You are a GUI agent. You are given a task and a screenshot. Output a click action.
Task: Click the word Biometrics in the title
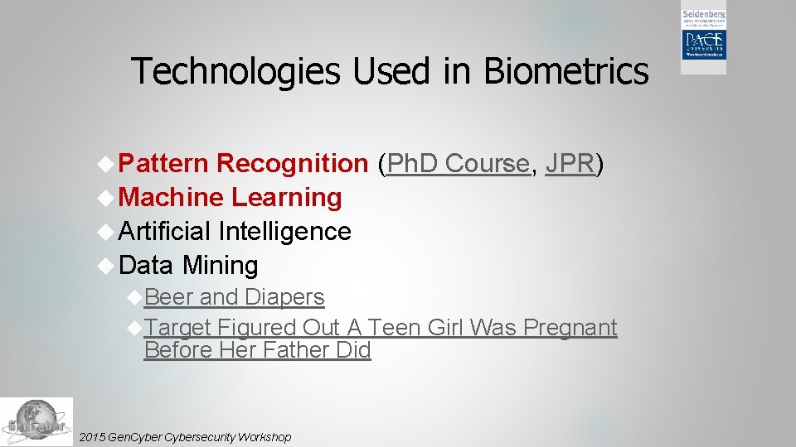coord(565,71)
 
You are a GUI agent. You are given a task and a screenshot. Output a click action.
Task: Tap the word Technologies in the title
coord(235,71)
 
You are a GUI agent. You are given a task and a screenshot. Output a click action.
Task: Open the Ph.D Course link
coord(458,164)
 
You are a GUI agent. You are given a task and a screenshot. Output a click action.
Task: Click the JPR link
coord(570,164)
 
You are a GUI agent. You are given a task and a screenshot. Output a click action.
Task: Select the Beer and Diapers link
coord(234,296)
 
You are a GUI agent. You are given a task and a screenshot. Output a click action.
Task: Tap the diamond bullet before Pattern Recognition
coord(105,164)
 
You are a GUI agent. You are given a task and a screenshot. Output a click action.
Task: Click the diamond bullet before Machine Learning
coord(105,197)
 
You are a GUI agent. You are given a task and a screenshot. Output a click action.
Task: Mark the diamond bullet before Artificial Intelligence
coord(105,231)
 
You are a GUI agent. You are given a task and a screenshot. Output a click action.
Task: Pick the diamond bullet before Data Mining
coord(105,265)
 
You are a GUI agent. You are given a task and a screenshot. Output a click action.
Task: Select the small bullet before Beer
coord(134,296)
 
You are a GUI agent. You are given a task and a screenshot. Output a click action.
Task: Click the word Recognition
coord(292,164)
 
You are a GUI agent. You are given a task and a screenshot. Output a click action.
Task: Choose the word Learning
coord(287,198)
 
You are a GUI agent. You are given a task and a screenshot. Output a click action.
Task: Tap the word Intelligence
coord(284,231)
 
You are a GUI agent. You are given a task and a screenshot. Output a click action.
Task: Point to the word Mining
coord(220,266)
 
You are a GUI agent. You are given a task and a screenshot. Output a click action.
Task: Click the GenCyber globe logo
coord(36,422)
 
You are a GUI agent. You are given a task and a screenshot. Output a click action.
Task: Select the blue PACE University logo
coord(704,45)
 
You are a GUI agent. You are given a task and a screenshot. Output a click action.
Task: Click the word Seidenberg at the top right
coord(704,15)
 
